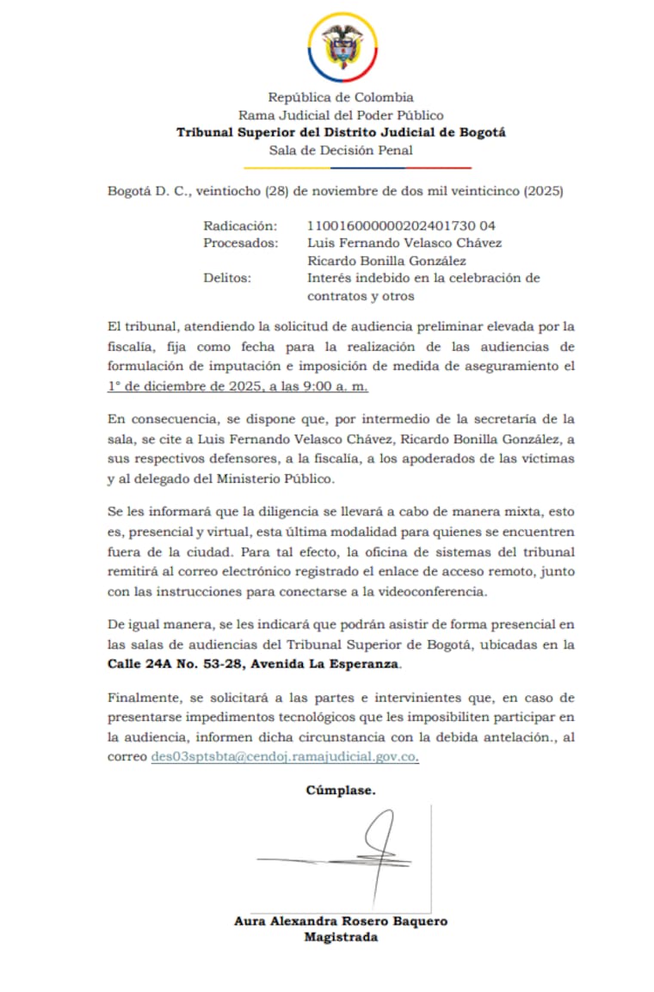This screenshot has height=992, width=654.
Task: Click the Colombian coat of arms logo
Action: [x=342, y=46]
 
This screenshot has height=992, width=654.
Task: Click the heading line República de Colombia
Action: [x=341, y=97]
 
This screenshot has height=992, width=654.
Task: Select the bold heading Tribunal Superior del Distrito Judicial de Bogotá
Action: [x=341, y=132]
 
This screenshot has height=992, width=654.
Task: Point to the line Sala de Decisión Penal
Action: [x=341, y=150]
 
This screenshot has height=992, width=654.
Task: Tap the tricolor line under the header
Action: [x=356, y=167]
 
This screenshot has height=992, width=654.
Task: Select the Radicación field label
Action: [x=240, y=225]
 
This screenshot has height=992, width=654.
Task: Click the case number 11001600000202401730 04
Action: [x=401, y=225]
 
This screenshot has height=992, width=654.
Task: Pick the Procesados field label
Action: [x=241, y=243]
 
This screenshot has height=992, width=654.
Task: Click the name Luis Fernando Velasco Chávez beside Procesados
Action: [x=404, y=243]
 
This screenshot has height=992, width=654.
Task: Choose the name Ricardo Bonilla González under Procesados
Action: [x=386, y=261]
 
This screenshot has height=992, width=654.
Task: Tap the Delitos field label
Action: [x=227, y=278]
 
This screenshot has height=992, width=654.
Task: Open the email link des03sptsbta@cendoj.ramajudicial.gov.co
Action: [x=285, y=757]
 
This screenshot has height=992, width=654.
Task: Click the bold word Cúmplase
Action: [x=340, y=790]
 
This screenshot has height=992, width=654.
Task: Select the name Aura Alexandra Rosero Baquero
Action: [x=341, y=921]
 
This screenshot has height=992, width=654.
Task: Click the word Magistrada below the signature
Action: [x=341, y=937]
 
